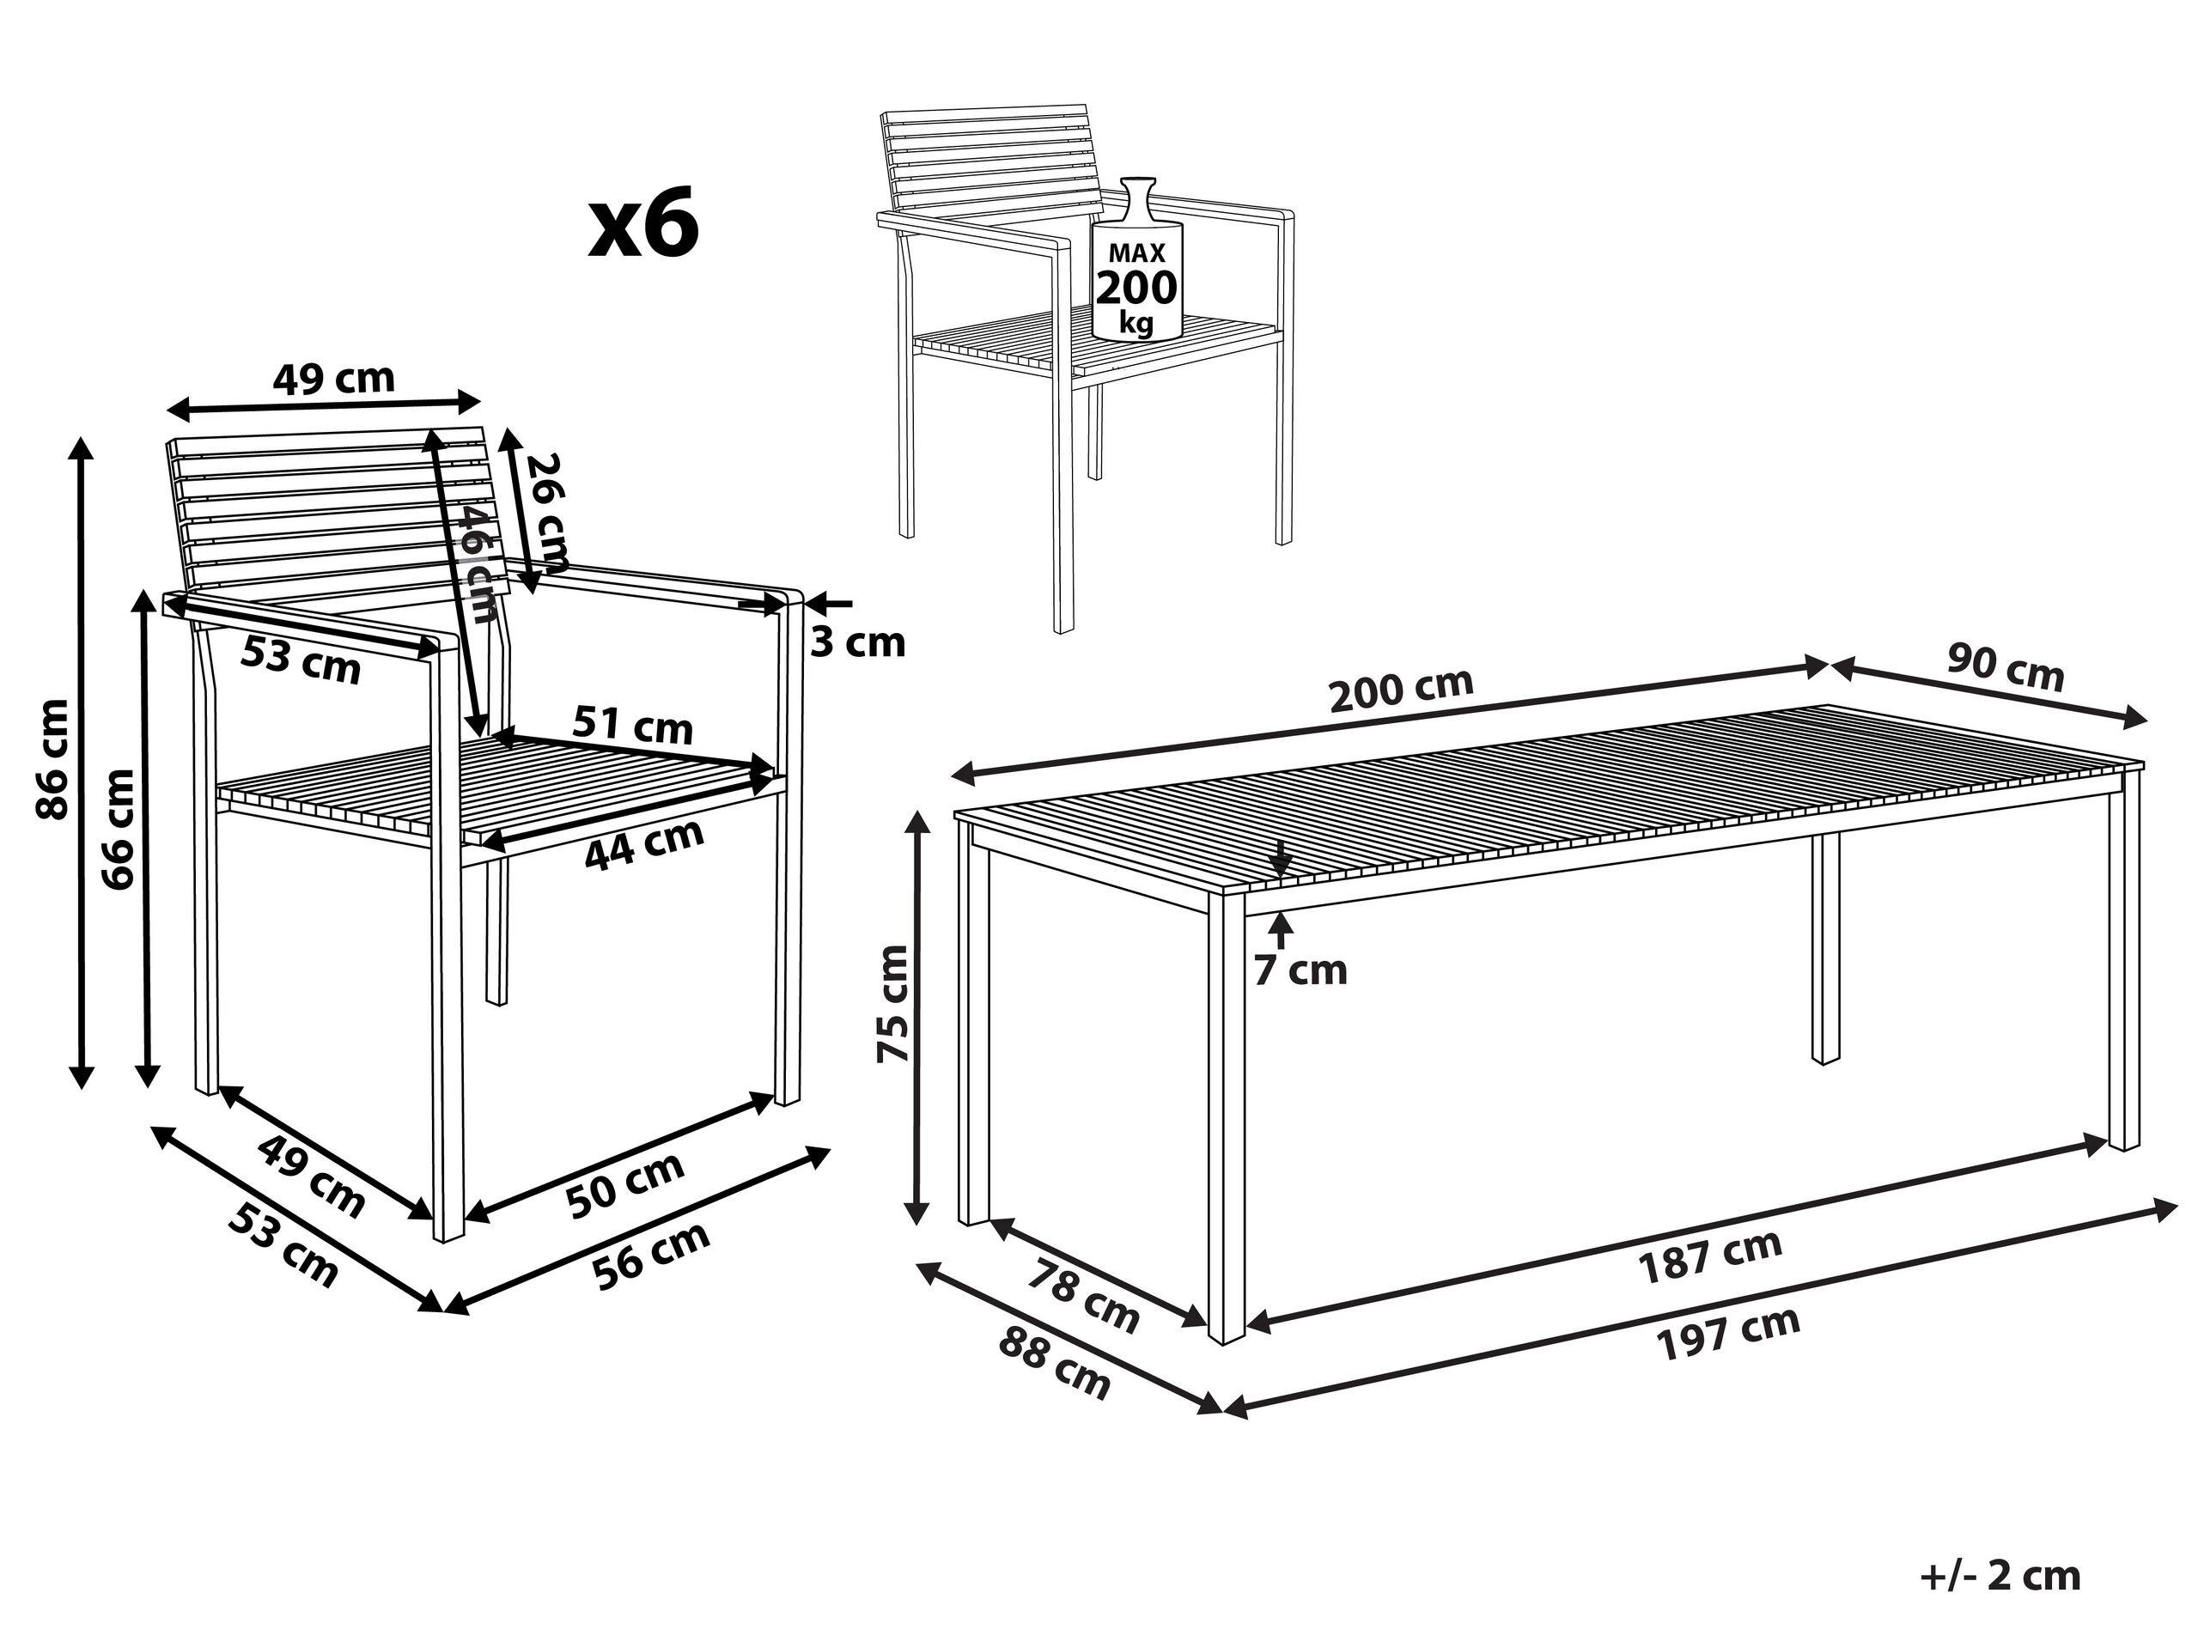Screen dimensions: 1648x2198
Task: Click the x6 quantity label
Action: point(644,228)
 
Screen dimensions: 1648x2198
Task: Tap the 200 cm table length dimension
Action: point(1401,691)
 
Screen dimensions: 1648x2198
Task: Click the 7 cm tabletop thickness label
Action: point(1300,970)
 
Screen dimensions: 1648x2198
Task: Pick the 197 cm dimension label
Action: point(1727,1333)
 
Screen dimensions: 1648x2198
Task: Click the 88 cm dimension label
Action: point(1053,1363)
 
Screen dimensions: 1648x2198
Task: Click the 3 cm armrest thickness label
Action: point(857,644)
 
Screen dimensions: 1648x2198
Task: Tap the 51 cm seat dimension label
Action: point(632,727)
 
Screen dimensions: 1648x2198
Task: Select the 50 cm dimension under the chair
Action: point(625,1184)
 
